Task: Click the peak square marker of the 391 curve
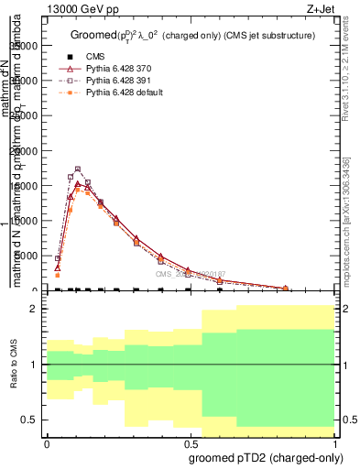78,169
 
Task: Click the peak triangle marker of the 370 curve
79,184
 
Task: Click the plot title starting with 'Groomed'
192,35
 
